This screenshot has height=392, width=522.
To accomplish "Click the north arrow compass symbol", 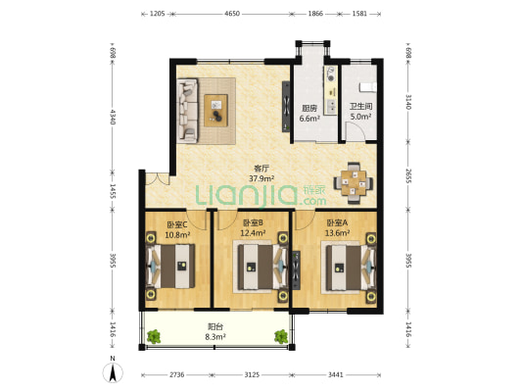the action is click(x=113, y=372).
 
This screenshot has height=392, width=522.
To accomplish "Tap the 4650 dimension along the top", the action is click(x=232, y=14).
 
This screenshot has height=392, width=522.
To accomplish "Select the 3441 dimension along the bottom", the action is click(x=336, y=375).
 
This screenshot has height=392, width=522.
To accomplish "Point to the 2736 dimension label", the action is click(x=176, y=375).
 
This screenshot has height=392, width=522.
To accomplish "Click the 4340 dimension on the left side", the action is click(x=113, y=117).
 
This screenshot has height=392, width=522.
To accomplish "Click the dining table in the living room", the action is click(x=354, y=183).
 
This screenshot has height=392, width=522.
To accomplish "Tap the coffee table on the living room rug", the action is click(x=216, y=111).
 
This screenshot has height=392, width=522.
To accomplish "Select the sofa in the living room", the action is click(x=187, y=111).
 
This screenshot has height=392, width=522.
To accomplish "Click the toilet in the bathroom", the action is click(x=368, y=86).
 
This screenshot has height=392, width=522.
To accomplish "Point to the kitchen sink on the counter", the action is click(x=331, y=106).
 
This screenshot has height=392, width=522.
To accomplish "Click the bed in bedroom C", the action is click(x=170, y=267).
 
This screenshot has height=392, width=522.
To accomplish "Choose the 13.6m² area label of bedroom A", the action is click(x=337, y=233).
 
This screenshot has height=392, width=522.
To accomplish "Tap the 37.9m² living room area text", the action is click(x=261, y=178).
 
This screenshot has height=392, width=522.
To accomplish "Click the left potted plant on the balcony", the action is click(x=154, y=337).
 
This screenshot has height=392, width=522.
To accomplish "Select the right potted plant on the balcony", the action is click(x=281, y=337).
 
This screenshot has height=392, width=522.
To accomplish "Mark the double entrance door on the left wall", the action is click(x=157, y=178).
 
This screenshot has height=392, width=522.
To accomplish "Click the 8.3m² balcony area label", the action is click(x=215, y=337).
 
